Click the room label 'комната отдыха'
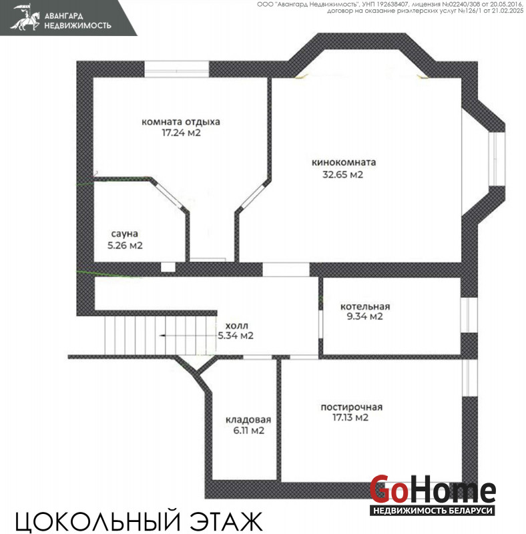coord(180,122)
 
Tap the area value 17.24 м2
coord(181,132)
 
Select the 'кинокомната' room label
coord(344,162)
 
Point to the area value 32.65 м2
coord(342,175)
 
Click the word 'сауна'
coord(125,234)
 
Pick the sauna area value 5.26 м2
coord(125,245)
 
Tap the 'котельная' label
coord(365,306)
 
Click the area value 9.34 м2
coord(365,316)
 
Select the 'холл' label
coord(237,326)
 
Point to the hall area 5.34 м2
coord(236,336)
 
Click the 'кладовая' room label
coord(248,420)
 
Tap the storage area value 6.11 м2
coord(249,431)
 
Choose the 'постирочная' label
coord(352,407)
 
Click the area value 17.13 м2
coord(350,418)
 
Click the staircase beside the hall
coord(160,336)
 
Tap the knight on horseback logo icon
coord(25,17)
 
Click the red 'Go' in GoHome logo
coord(389,489)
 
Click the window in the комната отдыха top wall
coord(177,69)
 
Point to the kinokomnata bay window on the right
coord(497,159)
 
